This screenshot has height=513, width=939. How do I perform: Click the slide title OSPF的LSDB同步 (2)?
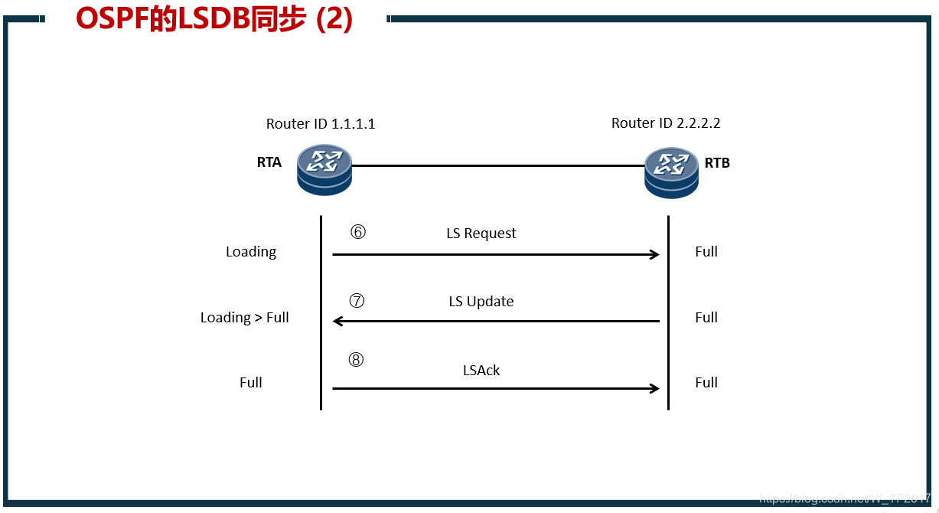click(214, 20)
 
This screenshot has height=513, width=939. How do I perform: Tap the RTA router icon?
click(324, 169)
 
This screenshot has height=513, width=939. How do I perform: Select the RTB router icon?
click(671, 172)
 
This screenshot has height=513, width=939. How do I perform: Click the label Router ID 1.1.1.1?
click(321, 123)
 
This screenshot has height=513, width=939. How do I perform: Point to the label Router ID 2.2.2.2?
click(666, 123)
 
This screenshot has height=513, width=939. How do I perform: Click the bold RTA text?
click(269, 162)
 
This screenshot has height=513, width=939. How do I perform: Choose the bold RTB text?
click(717, 163)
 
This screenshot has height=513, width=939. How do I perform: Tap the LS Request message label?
click(481, 234)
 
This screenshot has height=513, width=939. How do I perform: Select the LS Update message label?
click(481, 302)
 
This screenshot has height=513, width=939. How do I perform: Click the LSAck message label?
click(481, 371)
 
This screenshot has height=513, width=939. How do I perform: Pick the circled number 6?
click(357, 232)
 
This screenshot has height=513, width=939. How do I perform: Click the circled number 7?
click(356, 301)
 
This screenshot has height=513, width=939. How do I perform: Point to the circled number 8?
click(356, 360)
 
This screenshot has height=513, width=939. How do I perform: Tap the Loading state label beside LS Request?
click(251, 252)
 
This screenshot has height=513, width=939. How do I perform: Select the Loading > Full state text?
click(245, 318)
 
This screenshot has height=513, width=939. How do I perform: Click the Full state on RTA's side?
click(251, 383)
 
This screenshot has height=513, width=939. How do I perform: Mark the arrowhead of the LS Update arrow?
click(337, 322)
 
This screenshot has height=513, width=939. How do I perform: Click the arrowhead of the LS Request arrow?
click(654, 255)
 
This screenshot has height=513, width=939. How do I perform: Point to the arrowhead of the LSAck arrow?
click(654, 388)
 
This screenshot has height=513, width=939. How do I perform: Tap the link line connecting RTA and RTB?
click(497, 165)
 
